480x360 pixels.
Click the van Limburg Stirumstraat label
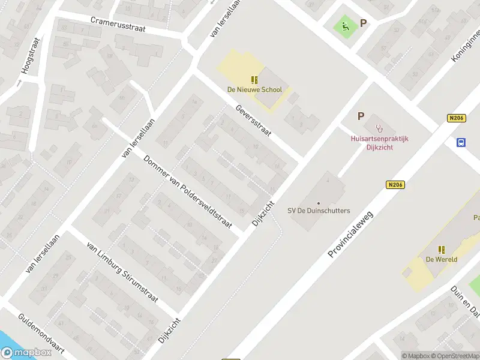(x=122, y=273)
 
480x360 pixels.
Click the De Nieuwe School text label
(x=254, y=90)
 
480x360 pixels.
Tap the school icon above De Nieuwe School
(x=254, y=80)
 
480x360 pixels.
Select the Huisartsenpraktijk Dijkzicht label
(x=379, y=143)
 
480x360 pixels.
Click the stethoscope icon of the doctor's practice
(x=379, y=128)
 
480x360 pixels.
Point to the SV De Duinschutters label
(x=319, y=211)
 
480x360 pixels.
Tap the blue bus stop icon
(x=461, y=142)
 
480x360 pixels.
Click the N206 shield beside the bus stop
(x=457, y=119)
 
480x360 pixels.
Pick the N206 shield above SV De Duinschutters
(x=395, y=185)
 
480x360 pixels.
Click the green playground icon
(x=345, y=26)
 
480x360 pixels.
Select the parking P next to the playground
(x=363, y=23)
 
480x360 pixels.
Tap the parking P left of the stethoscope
(x=361, y=116)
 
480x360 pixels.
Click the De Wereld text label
(x=442, y=259)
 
